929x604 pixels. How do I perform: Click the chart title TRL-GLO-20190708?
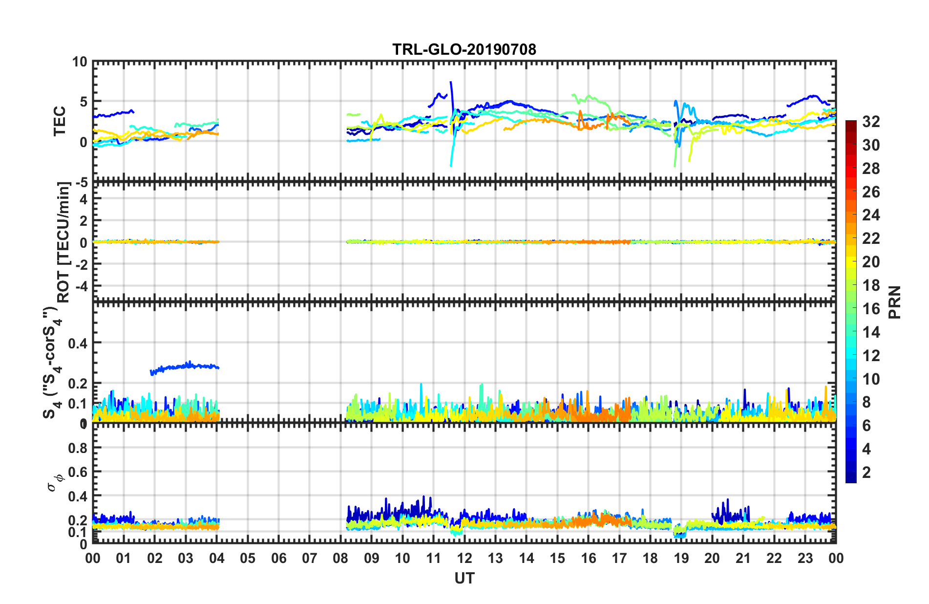pos(464,49)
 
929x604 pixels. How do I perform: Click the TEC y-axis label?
pos(59,121)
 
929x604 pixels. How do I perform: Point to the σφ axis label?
pos(55,481)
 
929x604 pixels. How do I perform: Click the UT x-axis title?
pos(464,578)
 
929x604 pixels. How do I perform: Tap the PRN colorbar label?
pos(894,302)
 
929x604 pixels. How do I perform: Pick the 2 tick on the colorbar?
pos(866,473)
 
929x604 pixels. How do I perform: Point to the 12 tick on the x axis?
pos(464,558)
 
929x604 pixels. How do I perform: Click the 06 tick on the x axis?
pos(278,558)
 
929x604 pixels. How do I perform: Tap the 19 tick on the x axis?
pos(681,558)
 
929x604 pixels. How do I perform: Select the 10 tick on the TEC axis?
pos(79,62)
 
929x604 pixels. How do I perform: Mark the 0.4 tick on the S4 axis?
pos(78,343)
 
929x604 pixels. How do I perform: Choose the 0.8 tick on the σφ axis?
pos(78,448)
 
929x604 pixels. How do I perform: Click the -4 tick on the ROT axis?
pos(81,285)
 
